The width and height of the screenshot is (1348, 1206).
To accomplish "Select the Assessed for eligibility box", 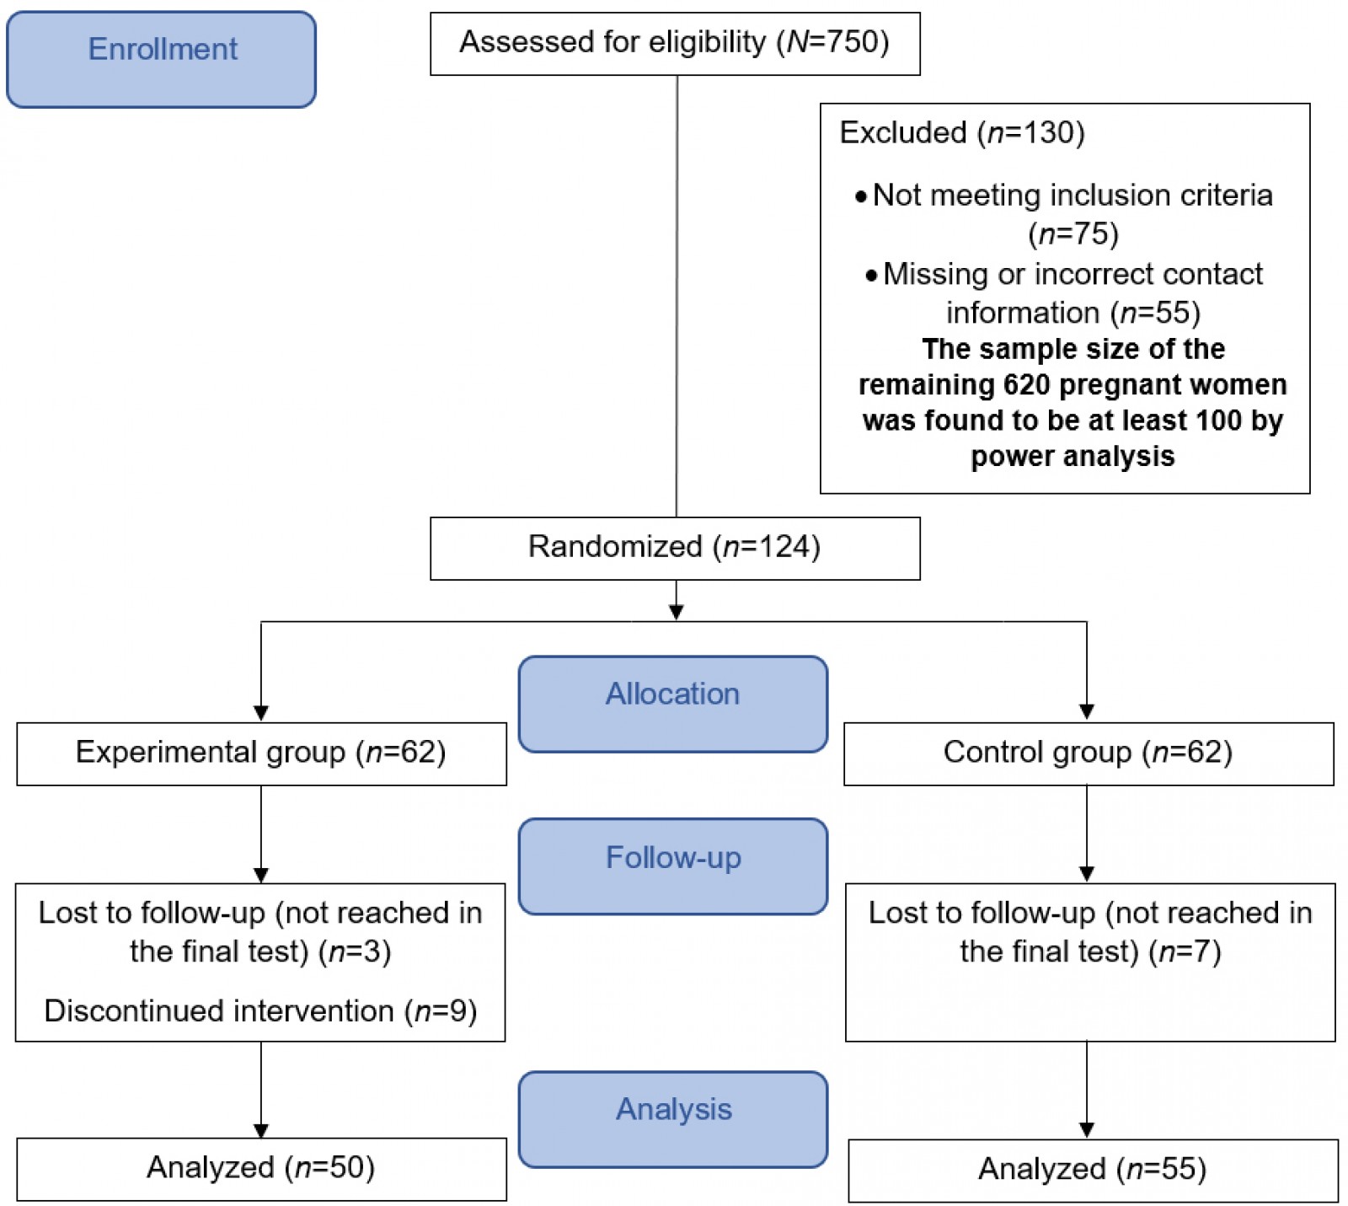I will pos(674,43).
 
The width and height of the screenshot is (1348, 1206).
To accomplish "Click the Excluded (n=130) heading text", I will pos(961,132).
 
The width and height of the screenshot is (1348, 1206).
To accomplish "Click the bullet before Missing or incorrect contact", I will pos(871,276).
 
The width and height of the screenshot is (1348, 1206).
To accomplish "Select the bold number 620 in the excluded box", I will pos(1026,384).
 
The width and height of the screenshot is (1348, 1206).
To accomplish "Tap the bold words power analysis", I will pos(1072,456).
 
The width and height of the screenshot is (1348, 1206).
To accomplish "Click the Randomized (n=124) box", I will pos(674,548).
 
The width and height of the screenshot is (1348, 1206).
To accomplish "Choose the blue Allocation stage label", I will pos(672,703).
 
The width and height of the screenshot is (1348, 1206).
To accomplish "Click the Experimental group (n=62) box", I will pos(261,753).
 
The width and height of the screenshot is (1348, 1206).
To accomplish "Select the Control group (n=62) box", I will pos(1088,753).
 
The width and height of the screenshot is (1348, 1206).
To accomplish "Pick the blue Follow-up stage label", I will pos(672,866).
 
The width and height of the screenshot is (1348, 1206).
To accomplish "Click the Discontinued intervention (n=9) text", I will pos(260,1010).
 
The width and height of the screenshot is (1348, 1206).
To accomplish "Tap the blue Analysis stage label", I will pos(672,1118).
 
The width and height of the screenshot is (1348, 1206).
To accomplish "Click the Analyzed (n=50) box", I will pos(261,1168).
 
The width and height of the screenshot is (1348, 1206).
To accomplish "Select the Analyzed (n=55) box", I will pos(1092,1170).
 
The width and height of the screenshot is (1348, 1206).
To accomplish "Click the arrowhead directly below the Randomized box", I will pos(676,613).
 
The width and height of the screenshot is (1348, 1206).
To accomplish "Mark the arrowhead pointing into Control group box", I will pos(1087,712).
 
